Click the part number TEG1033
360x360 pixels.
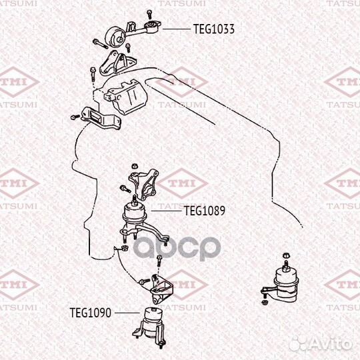[214, 29]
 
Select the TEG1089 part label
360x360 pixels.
[205, 211]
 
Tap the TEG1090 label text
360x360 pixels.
[91, 313]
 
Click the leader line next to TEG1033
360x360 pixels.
[177, 29]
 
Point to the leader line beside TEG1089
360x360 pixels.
[167, 211]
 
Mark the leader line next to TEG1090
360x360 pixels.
[127, 313]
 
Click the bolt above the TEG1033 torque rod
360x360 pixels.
[149, 14]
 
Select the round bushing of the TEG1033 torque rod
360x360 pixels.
[115, 37]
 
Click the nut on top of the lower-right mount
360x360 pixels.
[286, 255]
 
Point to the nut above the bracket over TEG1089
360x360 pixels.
[134, 166]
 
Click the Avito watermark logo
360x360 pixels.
[321, 345]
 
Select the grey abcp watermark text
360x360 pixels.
[177, 248]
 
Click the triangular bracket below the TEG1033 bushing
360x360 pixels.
[117, 63]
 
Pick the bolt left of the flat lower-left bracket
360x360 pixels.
[75, 117]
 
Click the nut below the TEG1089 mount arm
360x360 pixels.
[125, 248]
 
